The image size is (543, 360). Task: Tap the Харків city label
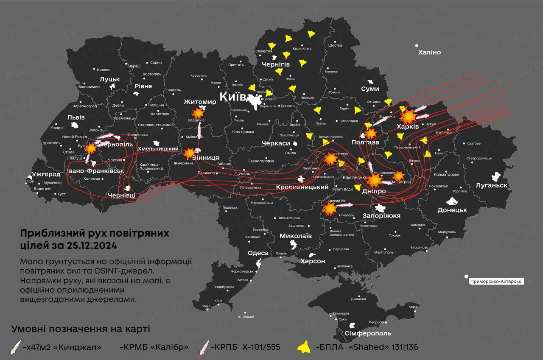(x=408, y=127)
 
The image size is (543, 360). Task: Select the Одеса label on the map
(x=258, y=253)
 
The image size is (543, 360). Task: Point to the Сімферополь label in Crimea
(x=368, y=334)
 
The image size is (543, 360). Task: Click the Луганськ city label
(x=491, y=185)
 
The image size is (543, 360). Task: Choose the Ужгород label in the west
(x=46, y=174)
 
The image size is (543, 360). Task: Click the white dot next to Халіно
(x=417, y=45)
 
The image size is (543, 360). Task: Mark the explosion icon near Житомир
(x=198, y=113)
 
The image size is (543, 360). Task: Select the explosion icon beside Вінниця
(x=190, y=152)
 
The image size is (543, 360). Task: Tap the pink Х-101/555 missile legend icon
(x=205, y=347)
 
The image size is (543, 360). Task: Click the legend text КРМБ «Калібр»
(x=154, y=347)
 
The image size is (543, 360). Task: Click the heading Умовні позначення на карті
(x=81, y=329)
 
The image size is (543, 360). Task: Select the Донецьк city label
(x=452, y=210)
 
